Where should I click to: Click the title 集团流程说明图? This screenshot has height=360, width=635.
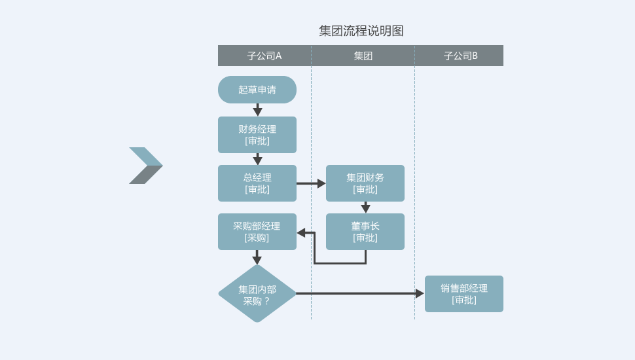click(361, 31)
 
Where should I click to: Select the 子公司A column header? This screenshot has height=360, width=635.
click(264, 56)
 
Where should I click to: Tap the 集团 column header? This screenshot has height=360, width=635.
click(363, 56)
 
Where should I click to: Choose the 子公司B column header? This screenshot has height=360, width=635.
click(460, 56)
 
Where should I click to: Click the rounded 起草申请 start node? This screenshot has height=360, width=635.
click(257, 90)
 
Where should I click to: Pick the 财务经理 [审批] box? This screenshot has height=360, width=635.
click(257, 135)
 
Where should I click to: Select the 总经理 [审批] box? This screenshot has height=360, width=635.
click(257, 183)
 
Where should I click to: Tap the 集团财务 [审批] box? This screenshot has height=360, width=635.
click(365, 183)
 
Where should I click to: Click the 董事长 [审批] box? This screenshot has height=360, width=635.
click(365, 232)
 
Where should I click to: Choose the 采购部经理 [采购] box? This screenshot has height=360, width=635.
click(257, 232)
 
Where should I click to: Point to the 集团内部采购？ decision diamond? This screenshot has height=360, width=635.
click(257, 294)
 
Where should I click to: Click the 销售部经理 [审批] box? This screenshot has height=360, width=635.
click(464, 294)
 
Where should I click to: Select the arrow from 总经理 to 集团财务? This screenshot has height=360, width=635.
click(311, 183)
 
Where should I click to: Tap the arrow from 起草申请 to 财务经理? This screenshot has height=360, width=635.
click(257, 110)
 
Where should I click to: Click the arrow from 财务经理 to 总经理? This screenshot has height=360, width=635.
click(257, 159)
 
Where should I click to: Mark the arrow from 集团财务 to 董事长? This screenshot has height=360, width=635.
click(365, 207)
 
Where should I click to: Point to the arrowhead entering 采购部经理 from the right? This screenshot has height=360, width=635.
click(301, 232)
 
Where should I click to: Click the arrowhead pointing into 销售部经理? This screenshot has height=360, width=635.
click(420, 294)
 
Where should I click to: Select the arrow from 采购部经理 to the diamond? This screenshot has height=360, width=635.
click(257, 257)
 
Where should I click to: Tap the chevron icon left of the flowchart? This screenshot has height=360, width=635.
click(145, 166)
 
